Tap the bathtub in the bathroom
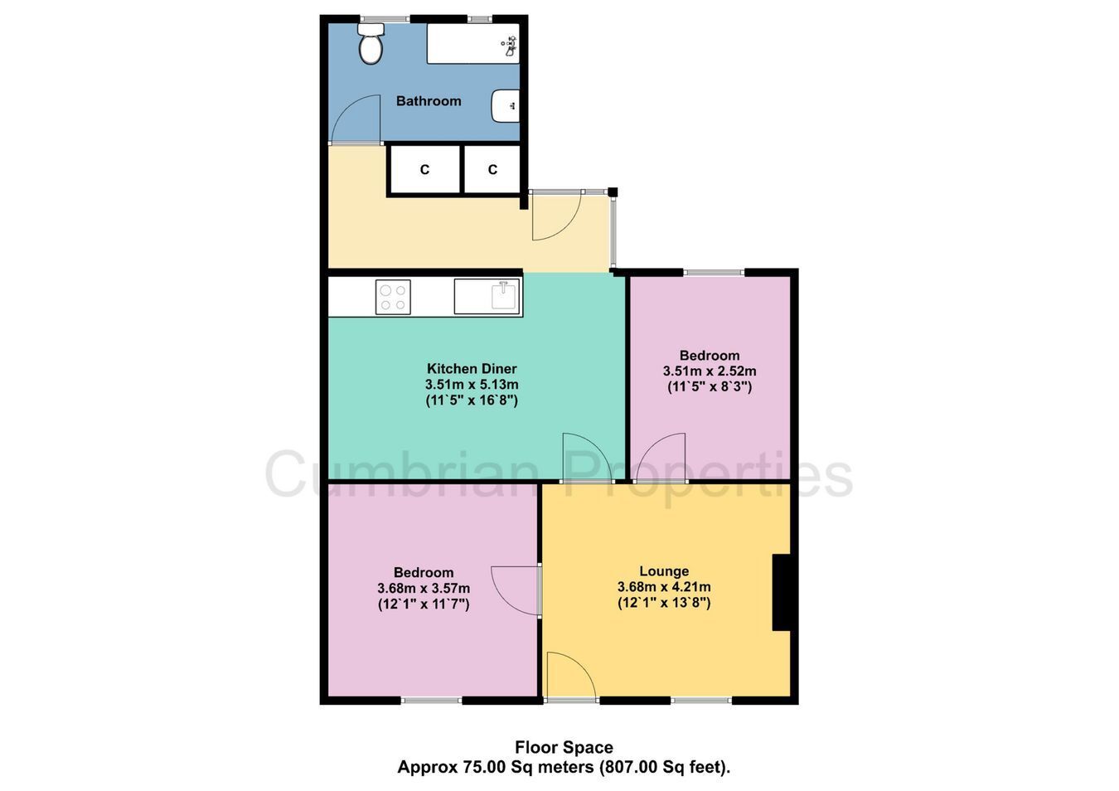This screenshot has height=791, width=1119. [x=473, y=43]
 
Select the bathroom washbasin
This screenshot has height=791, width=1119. [x=506, y=106]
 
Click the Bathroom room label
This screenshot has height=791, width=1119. [x=429, y=101]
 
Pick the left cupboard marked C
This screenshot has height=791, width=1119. [x=424, y=169]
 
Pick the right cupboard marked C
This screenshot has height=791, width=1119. [x=492, y=169]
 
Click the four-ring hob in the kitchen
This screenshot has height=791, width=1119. [x=393, y=297]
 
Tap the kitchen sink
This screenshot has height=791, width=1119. [x=487, y=296]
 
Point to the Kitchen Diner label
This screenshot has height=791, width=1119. [x=472, y=369]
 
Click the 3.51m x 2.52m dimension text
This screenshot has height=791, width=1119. [x=710, y=371]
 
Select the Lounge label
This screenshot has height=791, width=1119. [x=664, y=570]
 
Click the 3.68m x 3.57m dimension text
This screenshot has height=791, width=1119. [x=424, y=588]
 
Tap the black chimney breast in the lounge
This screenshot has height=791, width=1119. [x=782, y=592]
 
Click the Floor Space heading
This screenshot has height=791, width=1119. [x=564, y=747]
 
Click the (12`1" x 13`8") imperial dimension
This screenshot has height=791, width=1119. [x=664, y=603]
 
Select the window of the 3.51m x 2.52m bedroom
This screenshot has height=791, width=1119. [x=714, y=272]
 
